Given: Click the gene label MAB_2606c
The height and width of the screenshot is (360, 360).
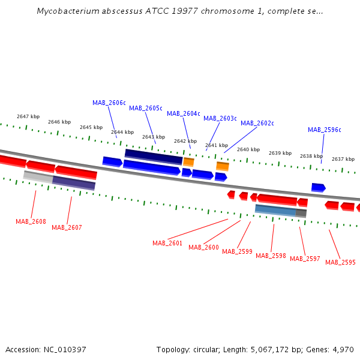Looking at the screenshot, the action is tap(109, 103).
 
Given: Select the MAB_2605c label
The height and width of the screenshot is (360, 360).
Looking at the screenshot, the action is tap(146, 108).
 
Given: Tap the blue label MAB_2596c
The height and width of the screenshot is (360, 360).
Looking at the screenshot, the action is tap(325, 130).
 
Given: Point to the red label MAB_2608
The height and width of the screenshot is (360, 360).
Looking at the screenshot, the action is tap(31, 221).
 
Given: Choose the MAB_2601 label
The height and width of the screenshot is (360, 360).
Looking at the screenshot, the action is tap(167, 243).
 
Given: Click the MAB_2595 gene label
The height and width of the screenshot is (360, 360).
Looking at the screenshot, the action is tap(340, 262).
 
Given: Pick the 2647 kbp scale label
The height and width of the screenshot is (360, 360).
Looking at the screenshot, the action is tap(28, 116).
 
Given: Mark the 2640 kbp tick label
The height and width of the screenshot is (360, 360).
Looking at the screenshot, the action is tap(248, 149).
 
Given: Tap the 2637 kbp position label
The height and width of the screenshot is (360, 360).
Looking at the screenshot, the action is tap(343, 159).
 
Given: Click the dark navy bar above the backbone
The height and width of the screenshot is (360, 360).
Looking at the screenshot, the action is tap(154, 157).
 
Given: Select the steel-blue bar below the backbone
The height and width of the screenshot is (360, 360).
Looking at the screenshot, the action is tap(275, 211).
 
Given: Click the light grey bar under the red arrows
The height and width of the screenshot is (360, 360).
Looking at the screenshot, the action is tap(38, 177).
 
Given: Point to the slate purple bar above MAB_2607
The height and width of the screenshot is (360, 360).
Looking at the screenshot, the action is tap(74, 183).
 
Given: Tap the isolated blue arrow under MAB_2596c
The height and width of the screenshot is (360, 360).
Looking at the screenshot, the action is tap(319, 188).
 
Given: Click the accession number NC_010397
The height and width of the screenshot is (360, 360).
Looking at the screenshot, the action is tap(65, 350).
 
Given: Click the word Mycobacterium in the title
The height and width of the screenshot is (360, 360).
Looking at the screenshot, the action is tap(68, 11).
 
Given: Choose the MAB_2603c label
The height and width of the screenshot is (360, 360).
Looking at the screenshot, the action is tap(220, 118).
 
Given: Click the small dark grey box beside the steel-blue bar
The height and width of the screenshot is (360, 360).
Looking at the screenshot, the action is tap(301, 213).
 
